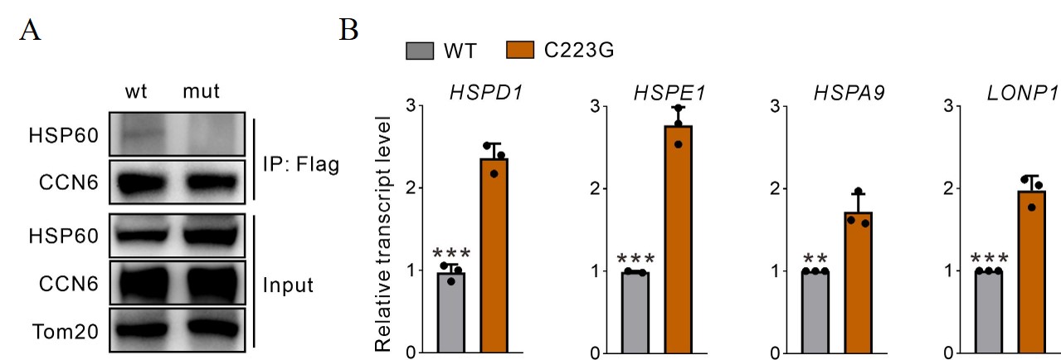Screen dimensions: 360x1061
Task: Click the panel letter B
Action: coord(349,31)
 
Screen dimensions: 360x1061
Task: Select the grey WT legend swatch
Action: coord(421,51)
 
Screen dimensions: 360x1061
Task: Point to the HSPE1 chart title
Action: coord(660,89)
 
